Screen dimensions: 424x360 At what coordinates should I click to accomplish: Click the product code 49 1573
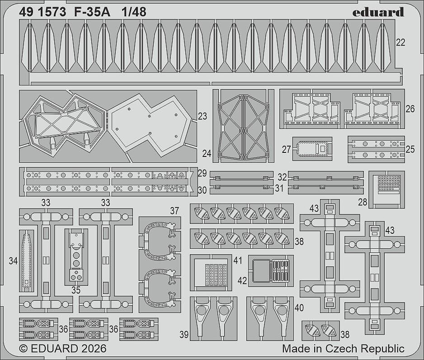42,12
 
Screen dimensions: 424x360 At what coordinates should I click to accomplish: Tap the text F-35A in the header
92,12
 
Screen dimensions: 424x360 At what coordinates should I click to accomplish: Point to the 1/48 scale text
134,12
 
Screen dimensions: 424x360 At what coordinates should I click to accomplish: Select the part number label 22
400,43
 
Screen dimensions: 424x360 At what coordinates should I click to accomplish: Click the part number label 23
202,116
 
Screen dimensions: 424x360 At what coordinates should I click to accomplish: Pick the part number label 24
207,154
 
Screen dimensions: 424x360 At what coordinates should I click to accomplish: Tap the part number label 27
286,149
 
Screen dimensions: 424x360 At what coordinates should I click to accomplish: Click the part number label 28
363,202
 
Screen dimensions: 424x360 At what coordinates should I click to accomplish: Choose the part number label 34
13,261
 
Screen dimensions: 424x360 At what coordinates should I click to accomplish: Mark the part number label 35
76,290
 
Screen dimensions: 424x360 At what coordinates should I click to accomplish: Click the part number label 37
174,211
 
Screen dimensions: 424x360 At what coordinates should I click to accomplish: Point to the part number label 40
299,308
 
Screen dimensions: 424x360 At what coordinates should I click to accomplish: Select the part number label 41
237,261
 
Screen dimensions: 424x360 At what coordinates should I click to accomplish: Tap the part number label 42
242,281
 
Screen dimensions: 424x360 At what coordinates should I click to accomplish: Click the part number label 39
184,335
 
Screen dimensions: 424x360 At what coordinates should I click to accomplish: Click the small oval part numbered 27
312,149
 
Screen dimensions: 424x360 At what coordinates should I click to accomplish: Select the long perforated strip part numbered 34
26,261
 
